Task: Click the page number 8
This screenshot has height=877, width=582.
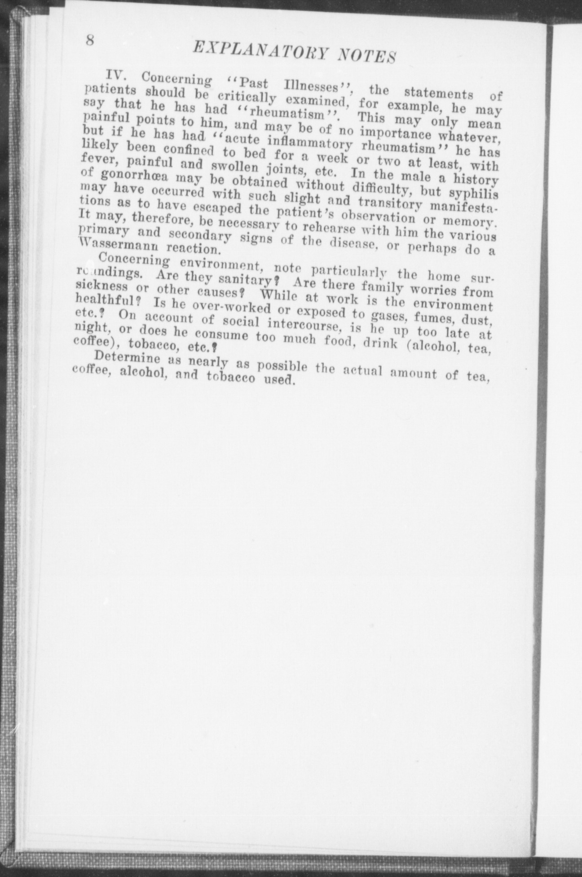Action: [x=90, y=40]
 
